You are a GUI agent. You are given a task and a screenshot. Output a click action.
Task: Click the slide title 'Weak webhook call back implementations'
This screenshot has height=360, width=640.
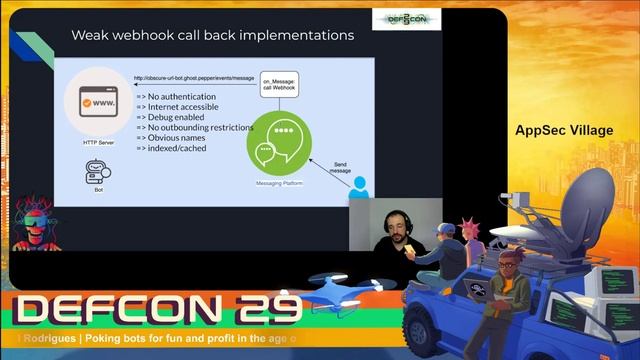click(x=212, y=36)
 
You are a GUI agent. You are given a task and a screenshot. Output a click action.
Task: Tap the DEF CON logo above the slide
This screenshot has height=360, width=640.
click(x=406, y=20)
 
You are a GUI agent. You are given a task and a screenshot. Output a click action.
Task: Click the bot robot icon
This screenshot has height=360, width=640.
click(x=97, y=173)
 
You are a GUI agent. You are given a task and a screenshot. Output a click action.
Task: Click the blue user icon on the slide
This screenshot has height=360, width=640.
click(x=358, y=187)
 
